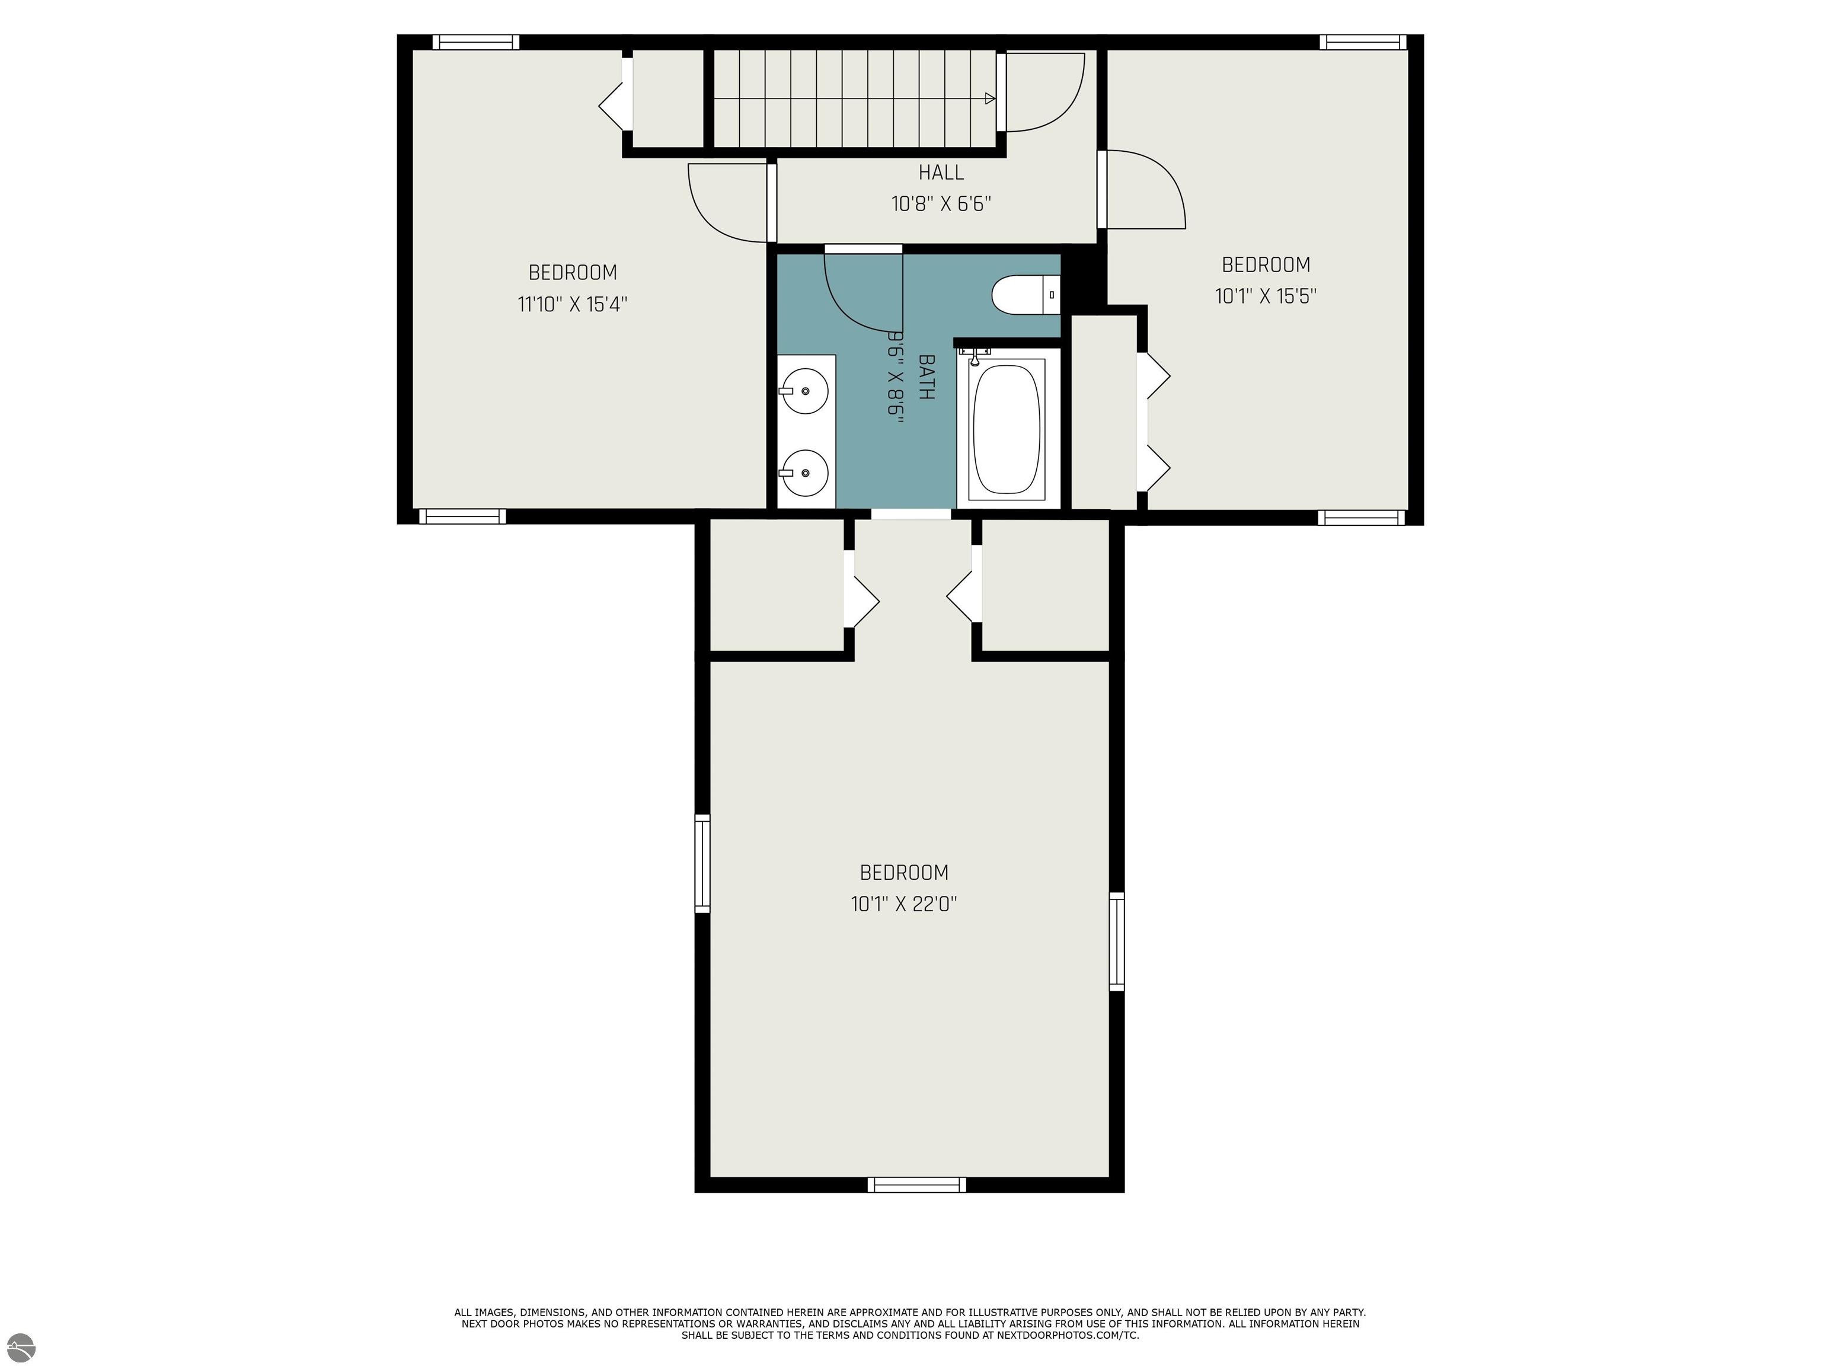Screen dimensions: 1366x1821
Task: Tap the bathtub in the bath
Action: point(1006,428)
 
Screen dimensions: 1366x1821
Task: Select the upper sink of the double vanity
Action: point(804,391)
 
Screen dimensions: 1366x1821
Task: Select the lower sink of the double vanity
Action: point(804,473)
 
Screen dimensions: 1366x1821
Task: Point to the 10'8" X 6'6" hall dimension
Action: point(941,203)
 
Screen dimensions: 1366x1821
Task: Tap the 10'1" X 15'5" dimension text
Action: point(1266,296)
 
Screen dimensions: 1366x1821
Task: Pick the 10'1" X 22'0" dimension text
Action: point(903,904)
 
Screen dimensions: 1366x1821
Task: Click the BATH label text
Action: point(926,377)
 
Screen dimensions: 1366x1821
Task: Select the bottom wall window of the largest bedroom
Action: point(916,1185)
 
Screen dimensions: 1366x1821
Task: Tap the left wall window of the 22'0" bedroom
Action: point(702,863)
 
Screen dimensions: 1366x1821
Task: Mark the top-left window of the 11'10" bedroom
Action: point(476,43)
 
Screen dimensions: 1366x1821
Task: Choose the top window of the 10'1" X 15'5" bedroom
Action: point(1362,43)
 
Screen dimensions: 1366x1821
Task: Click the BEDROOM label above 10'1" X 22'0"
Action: point(903,873)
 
